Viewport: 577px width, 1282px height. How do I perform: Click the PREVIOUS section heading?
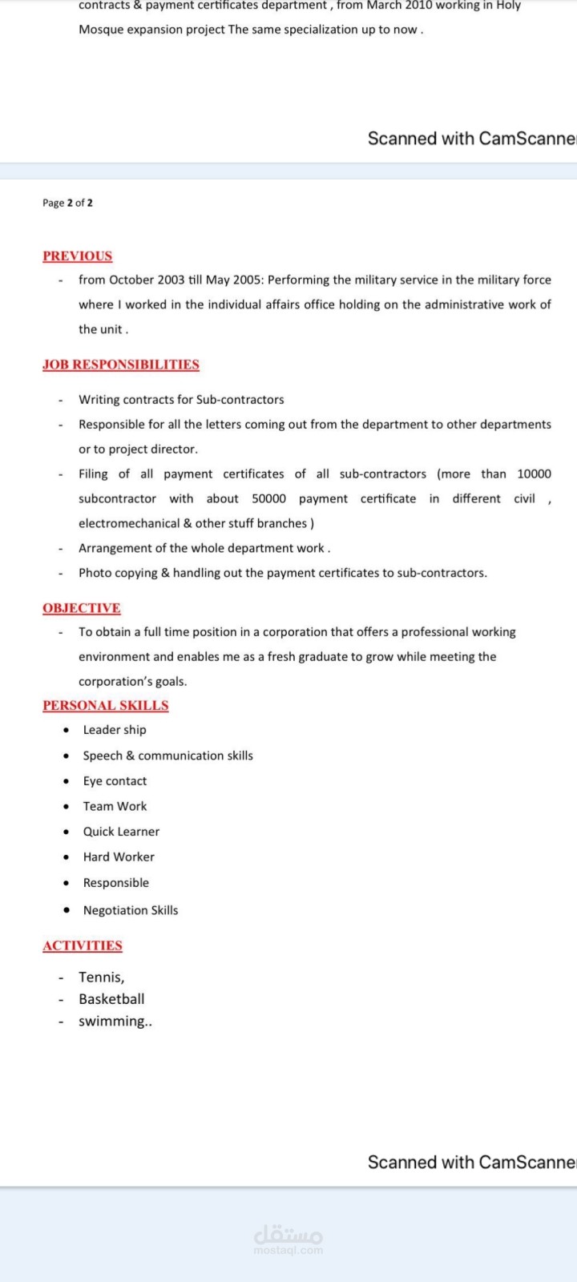click(77, 256)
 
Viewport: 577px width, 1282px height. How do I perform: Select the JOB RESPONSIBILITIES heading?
click(120, 365)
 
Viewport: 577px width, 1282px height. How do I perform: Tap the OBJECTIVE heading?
click(81, 608)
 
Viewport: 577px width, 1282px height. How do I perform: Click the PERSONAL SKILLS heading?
click(105, 705)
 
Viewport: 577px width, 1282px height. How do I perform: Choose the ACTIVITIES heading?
click(82, 945)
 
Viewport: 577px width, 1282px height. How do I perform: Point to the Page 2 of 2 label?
click(67, 203)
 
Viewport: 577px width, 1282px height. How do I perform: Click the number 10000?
click(534, 474)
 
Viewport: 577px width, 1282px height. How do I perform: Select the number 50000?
click(268, 498)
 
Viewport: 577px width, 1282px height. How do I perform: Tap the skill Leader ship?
click(115, 729)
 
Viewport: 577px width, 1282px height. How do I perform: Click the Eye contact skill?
click(115, 780)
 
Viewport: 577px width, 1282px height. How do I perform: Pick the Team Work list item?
click(115, 806)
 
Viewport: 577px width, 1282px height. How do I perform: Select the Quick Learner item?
click(121, 832)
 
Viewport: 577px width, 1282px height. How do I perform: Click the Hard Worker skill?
click(119, 857)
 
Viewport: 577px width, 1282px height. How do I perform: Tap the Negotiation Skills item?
click(131, 910)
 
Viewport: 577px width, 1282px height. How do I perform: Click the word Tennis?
click(100, 977)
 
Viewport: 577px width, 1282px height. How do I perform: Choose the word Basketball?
click(111, 999)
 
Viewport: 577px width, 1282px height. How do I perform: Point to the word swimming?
click(113, 1021)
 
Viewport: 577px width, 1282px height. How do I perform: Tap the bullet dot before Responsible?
click(66, 883)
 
